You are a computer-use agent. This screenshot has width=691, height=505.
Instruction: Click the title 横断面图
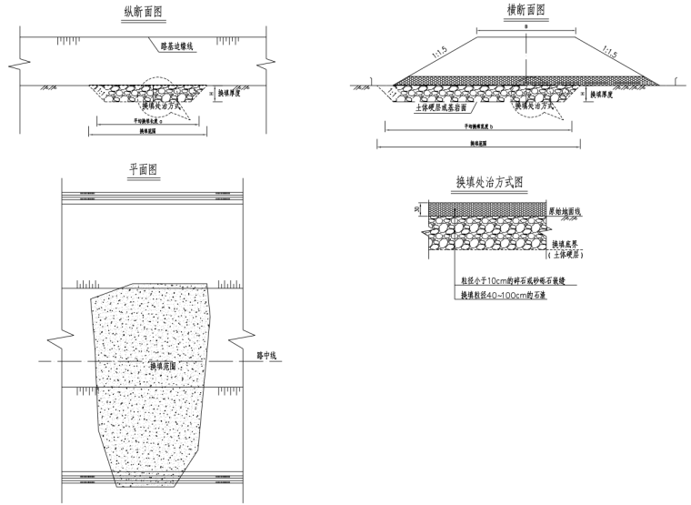point(525,11)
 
